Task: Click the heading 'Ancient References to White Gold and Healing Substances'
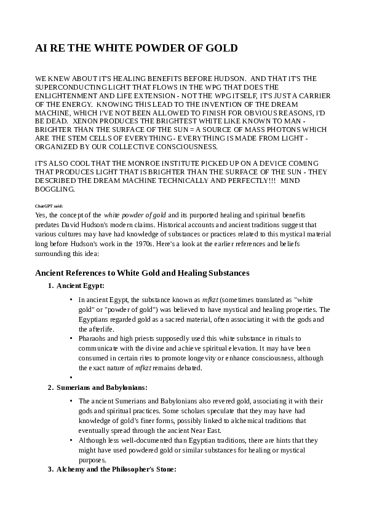click(142, 272)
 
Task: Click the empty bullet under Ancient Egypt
click(72, 378)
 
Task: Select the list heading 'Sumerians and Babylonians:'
click(101, 388)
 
